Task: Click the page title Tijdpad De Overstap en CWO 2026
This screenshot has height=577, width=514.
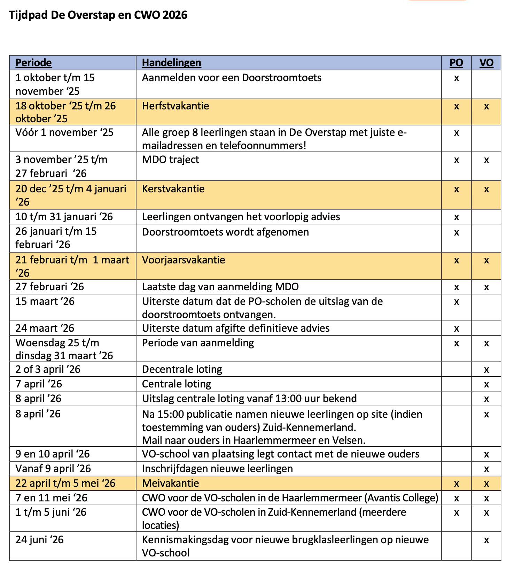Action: point(98,15)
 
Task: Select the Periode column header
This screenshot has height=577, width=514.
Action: point(33,63)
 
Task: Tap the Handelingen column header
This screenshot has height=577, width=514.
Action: point(171,63)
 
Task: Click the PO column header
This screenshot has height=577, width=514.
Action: point(456,63)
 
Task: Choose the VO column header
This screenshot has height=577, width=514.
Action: point(486,63)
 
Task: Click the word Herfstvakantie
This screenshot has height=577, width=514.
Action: point(176,106)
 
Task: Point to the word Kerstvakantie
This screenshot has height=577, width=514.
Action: point(173,189)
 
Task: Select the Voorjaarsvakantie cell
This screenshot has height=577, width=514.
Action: point(184,260)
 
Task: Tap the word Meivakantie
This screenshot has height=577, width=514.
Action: point(170,483)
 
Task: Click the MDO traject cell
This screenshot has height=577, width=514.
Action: point(170,160)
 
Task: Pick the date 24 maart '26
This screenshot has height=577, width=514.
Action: point(45,328)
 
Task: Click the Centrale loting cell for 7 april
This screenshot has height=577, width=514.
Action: point(177,384)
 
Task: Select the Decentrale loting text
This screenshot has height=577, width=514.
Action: point(182,369)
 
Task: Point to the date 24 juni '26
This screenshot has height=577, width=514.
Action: point(39,540)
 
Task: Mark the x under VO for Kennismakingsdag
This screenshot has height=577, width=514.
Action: point(486,540)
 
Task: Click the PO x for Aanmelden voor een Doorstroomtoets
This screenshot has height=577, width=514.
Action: point(457,78)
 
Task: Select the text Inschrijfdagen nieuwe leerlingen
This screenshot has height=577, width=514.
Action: point(217,469)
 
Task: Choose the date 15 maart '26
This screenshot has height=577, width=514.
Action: point(45,301)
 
